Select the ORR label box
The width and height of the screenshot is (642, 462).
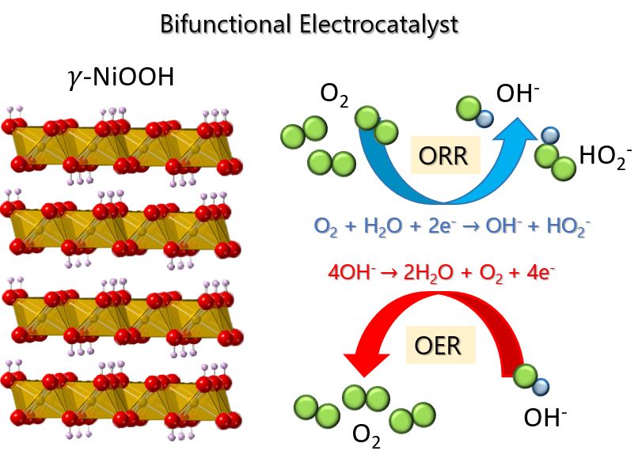pos(443,156)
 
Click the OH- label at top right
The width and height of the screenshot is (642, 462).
pos(518,94)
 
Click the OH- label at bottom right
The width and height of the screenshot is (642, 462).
pos(547,417)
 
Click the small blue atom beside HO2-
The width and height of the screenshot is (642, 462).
pos(549,135)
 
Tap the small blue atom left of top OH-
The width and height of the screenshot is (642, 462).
pos(485,118)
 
